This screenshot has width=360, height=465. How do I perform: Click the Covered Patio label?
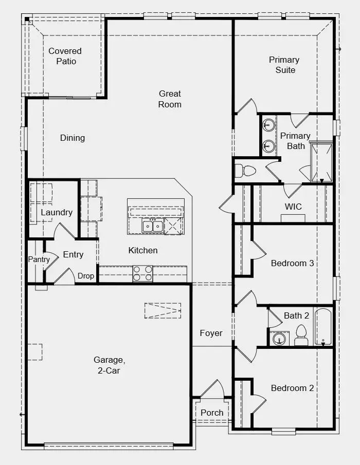[65, 56]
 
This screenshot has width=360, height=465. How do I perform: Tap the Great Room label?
[170, 99]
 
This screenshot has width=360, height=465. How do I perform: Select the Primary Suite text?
[284, 65]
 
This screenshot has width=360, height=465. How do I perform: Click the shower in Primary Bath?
[321, 162]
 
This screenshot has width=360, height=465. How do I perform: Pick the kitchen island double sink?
[153, 226]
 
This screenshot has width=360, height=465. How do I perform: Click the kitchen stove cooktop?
[142, 273]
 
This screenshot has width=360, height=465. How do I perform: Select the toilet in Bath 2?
[301, 335]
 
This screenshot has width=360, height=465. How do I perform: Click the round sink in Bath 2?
[278, 339]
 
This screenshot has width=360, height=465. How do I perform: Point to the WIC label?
[293, 207]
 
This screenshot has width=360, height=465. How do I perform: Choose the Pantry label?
[39, 259]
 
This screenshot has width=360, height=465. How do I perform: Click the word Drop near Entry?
[86, 276]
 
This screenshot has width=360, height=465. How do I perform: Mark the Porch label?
[212, 412]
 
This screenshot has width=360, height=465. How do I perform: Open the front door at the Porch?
[212, 388]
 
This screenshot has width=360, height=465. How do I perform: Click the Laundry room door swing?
[64, 231]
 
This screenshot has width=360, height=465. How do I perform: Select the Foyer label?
[211, 333]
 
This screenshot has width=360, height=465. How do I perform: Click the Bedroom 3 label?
[292, 263]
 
